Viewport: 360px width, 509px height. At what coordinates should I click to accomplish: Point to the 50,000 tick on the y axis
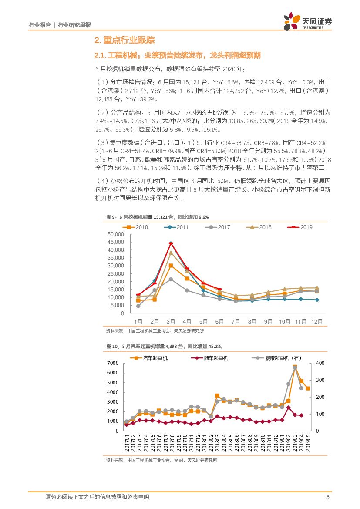(x=115, y=234)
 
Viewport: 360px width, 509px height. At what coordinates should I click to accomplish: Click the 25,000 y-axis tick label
(x=115, y=274)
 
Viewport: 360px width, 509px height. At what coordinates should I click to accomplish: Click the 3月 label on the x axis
(x=171, y=322)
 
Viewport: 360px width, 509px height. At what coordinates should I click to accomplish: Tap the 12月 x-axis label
(x=317, y=322)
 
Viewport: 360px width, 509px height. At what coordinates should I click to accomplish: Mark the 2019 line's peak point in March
(x=171, y=243)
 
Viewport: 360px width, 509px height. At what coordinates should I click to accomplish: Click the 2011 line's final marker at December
(x=317, y=300)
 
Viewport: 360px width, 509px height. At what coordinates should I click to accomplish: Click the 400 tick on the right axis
(x=320, y=363)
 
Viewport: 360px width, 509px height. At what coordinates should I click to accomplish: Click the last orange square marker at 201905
(x=308, y=388)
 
